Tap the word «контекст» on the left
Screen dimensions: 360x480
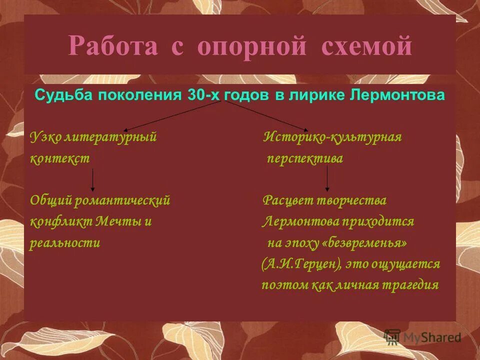coord(60,159)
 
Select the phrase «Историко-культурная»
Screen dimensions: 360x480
coord(332,137)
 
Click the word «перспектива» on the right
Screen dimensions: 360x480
coord(304,159)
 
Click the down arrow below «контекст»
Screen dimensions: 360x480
coord(92,180)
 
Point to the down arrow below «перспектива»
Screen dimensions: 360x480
coord(327,179)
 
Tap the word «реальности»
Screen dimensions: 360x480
coord(65,243)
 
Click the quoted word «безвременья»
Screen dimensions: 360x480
coord(367,243)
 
